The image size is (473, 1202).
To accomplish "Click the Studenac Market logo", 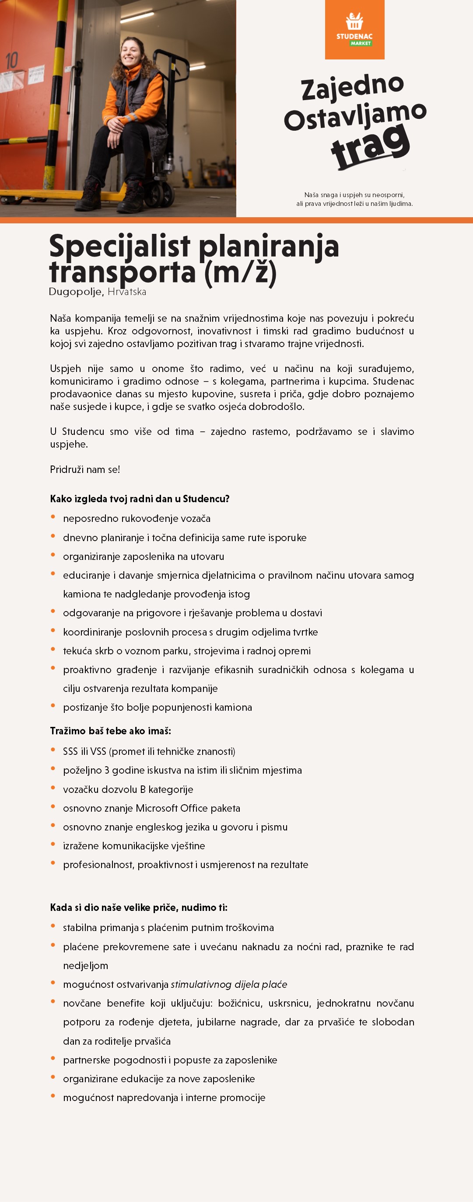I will click(354, 29).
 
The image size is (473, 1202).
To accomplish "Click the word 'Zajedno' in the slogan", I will click(352, 87).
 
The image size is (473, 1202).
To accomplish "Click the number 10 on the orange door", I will click(12, 61).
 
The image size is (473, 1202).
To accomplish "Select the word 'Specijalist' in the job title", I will click(119, 246).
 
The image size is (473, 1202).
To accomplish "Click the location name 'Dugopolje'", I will click(75, 292).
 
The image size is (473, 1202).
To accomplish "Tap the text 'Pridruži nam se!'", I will click(85, 469).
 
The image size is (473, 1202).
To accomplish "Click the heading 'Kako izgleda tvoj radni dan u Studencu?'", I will click(140, 499).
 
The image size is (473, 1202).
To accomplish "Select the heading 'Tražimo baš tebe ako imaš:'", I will click(111, 731).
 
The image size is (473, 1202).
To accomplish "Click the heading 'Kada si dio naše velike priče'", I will click(138, 907).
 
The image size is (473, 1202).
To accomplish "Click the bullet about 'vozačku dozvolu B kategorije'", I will click(128, 789).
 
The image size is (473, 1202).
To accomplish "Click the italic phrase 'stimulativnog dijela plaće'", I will click(229, 984).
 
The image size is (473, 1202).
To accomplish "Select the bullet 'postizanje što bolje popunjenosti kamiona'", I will click(158, 707).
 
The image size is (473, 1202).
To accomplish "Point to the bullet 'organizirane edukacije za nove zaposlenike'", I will click(159, 1078).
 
